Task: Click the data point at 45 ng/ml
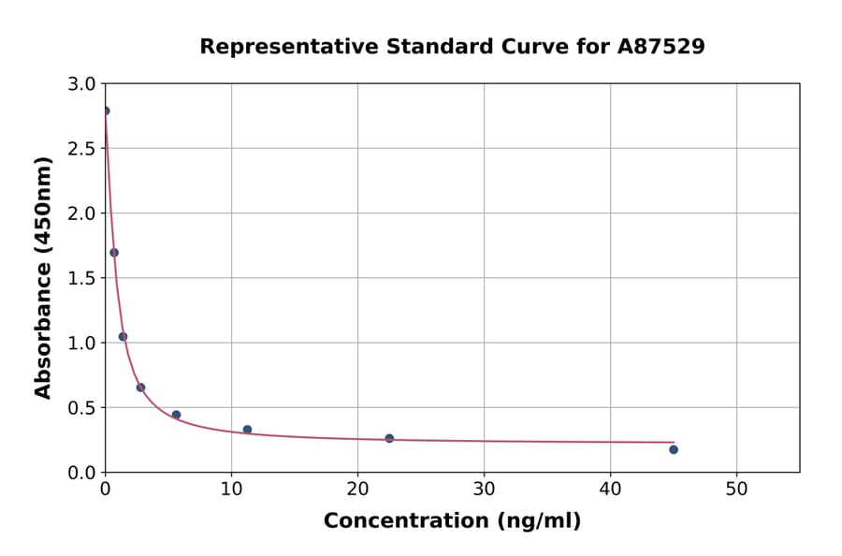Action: [x=674, y=449]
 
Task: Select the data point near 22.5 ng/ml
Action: [x=389, y=438]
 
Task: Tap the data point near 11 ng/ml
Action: [x=247, y=430]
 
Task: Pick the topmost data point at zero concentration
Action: [x=105, y=110]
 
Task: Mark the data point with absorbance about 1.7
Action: [x=114, y=253]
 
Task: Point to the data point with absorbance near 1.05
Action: [x=123, y=337]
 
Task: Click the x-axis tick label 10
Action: [x=231, y=489]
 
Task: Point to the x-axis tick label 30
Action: [x=484, y=489]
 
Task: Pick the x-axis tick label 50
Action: [x=736, y=489]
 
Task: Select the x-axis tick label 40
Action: [x=610, y=489]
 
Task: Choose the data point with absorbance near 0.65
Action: [x=140, y=388]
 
